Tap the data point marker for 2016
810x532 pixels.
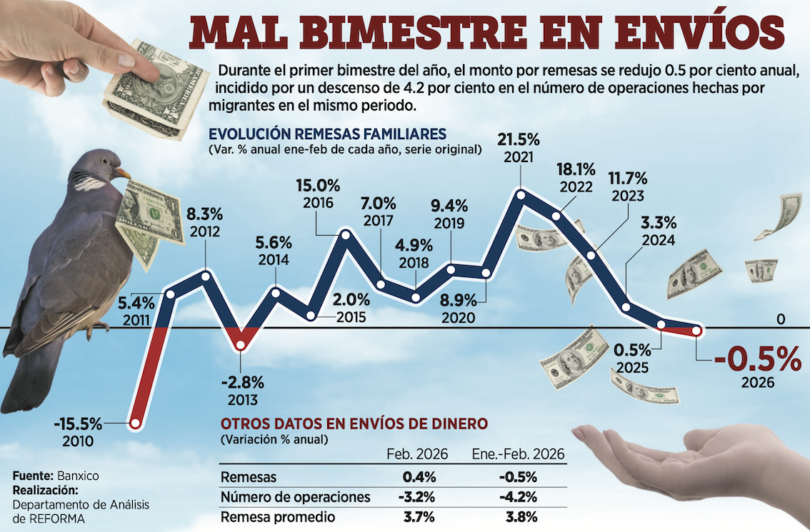[x=346, y=233]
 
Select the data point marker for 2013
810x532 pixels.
[x=241, y=346]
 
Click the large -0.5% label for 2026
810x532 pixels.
[x=756, y=359]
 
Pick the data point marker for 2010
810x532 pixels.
[x=134, y=423]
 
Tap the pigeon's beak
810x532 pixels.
[x=122, y=172]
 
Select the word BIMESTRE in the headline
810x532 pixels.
[x=410, y=33]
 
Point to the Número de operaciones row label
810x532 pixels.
[x=296, y=497]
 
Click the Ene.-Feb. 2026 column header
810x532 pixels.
[x=519, y=454]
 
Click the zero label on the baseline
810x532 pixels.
[x=781, y=318]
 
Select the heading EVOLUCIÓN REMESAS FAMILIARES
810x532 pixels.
[x=328, y=134]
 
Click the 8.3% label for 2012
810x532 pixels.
[x=205, y=214]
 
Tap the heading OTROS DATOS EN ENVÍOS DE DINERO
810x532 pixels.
[x=355, y=423]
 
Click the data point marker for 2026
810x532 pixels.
[x=697, y=331]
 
